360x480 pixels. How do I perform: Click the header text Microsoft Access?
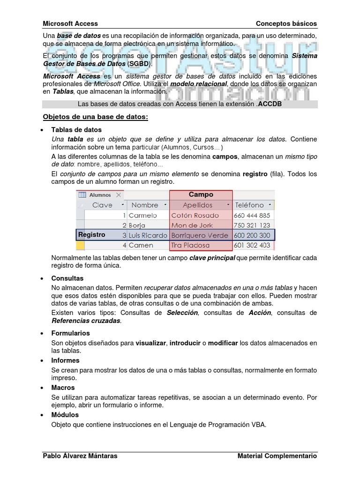(70, 23)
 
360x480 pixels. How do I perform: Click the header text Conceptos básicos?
(286, 23)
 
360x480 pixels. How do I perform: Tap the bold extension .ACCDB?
(269, 104)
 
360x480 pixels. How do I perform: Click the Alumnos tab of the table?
(99, 195)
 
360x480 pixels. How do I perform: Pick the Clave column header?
(102, 205)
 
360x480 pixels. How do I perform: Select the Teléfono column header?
(249, 205)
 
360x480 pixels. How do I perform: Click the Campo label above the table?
(201, 195)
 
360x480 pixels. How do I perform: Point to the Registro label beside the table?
(92, 235)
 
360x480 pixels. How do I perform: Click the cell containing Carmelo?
(143, 215)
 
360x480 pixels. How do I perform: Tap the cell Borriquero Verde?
(200, 235)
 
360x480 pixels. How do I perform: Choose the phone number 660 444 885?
(252, 215)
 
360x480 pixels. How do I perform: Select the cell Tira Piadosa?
(190, 245)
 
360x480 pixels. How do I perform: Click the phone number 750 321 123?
(252, 225)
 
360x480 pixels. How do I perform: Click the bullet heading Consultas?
(67, 278)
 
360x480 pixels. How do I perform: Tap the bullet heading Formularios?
(70, 333)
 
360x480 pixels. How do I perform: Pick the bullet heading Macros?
(63, 388)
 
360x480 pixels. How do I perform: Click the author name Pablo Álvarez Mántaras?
(80, 456)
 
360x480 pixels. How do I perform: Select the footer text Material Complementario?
(277, 456)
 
